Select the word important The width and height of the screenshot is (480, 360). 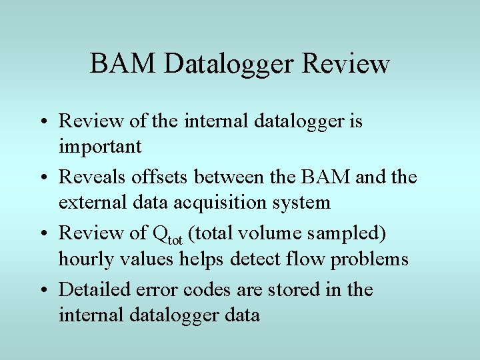pos(100,146)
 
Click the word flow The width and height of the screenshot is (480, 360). pos(297,258)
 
